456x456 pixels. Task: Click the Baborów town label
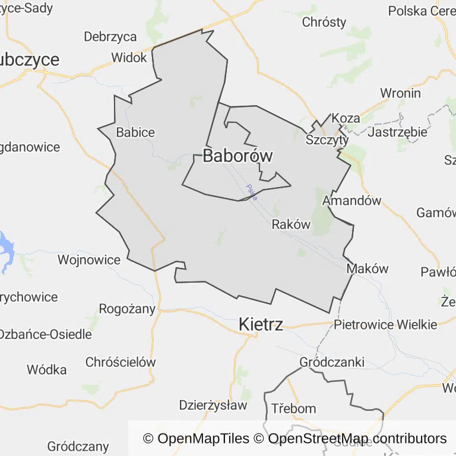point(237,156)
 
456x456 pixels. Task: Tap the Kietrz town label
point(261,324)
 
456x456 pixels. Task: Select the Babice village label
point(135,132)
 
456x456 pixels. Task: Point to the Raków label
point(291,224)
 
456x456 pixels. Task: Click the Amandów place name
point(351,201)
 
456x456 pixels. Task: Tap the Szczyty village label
point(327,140)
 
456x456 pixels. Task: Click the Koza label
point(346,118)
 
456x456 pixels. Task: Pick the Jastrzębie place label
point(397,132)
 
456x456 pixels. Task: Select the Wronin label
point(400,93)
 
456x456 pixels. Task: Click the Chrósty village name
point(324,23)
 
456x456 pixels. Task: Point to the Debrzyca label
point(110,37)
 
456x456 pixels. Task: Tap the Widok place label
point(129,58)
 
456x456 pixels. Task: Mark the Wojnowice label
point(88,259)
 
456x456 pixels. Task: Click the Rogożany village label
point(127,309)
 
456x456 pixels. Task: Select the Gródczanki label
point(332,362)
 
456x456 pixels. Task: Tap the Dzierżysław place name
point(213,406)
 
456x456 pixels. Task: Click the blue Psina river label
point(252,192)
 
